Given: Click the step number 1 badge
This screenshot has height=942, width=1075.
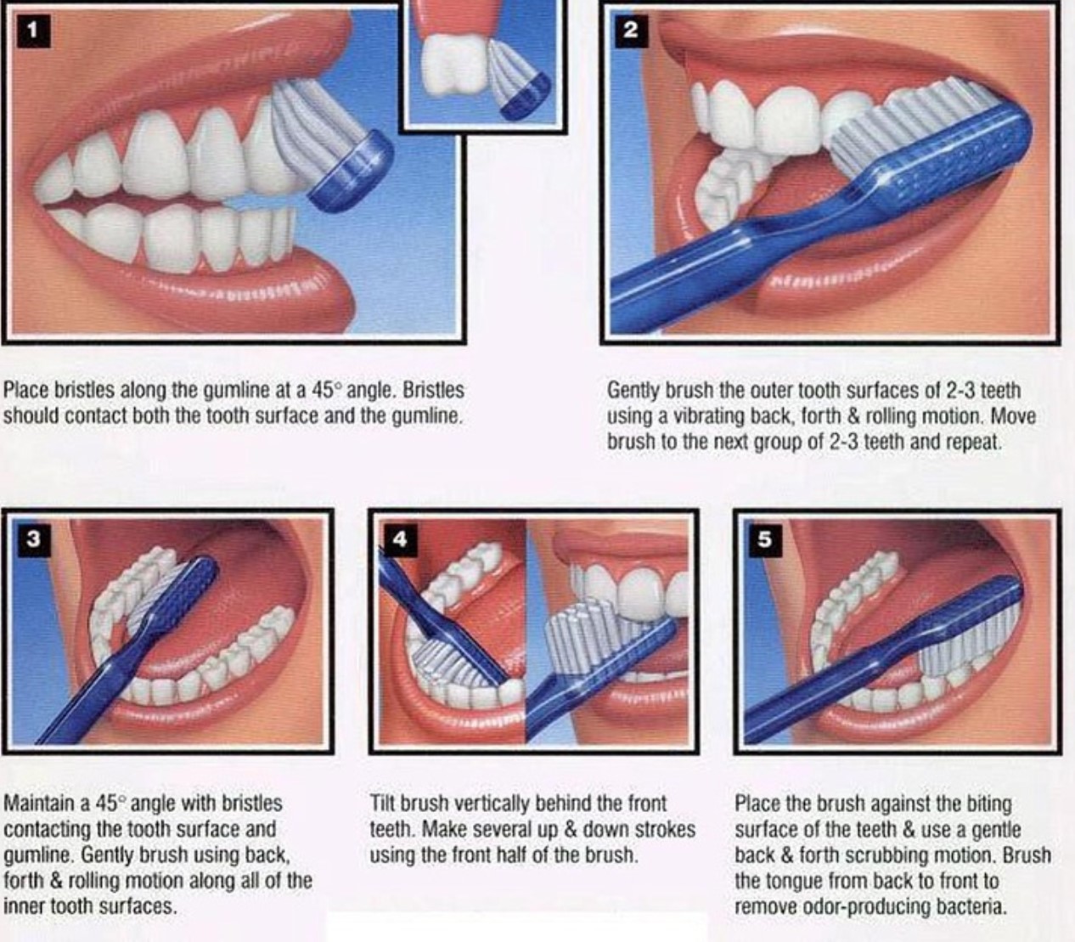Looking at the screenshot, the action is coord(33,31).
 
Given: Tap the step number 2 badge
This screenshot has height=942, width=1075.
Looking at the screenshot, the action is coord(630,31).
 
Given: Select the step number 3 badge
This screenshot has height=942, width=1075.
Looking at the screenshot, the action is coord(33,539).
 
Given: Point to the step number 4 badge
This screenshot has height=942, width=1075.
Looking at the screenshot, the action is coord(400,539).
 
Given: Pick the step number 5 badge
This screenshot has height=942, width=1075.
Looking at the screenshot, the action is coord(764,539).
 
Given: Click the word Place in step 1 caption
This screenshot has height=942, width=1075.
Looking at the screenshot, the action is coord(26,391).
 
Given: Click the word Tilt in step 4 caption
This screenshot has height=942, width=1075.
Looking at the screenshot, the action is coord(382,804).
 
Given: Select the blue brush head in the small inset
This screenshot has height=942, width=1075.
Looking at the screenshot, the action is coord(526,94).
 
